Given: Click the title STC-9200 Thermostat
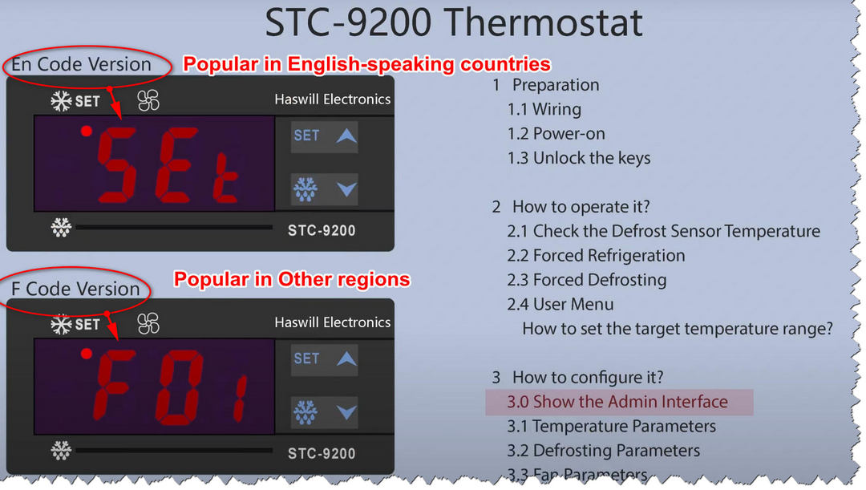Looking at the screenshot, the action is point(453,22).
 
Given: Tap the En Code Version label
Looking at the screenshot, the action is point(81,64).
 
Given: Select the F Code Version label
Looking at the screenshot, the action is point(75,289).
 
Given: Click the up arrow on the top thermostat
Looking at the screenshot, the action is point(346,136).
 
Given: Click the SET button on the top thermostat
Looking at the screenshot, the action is point(306,136).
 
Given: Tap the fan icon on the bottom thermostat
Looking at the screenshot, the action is point(148,323).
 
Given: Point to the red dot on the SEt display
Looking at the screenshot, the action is point(86,131).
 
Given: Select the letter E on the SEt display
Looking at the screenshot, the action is point(176,164).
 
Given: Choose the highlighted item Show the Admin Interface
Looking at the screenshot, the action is point(617,402).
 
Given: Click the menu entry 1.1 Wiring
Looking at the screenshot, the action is point(544,109).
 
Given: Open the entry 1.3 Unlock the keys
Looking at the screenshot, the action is point(578,158).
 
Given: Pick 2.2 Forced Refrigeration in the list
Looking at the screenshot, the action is point(596,255).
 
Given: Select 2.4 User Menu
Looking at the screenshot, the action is point(560,304).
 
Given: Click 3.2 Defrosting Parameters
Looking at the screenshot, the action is point(603,450).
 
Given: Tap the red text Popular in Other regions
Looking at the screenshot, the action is point(292,279).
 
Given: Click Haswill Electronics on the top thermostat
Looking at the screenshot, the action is point(333,99).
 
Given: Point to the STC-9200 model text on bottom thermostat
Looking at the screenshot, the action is point(322,454).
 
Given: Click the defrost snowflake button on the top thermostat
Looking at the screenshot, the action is point(305,189).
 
